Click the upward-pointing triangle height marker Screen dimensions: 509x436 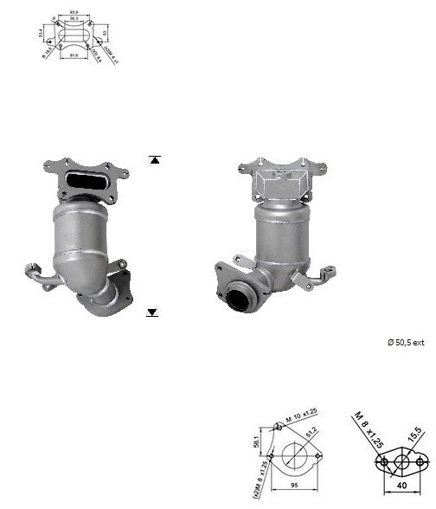(154, 160)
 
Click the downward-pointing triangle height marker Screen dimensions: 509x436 (154, 311)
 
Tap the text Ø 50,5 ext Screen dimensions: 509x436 (406, 343)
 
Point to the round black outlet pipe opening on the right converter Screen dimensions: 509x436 (241, 303)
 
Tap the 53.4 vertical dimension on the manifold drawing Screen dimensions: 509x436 (40, 34)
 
